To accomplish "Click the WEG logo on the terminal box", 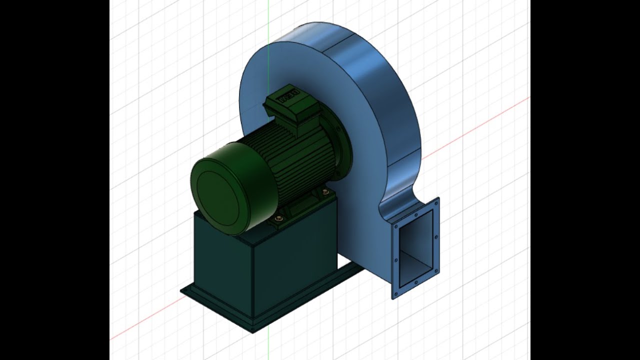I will (288, 96).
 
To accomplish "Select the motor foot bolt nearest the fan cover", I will (279, 218).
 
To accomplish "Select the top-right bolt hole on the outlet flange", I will (436, 202).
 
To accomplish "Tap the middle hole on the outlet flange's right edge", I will (437, 236).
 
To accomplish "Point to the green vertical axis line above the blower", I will (268, 20).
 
